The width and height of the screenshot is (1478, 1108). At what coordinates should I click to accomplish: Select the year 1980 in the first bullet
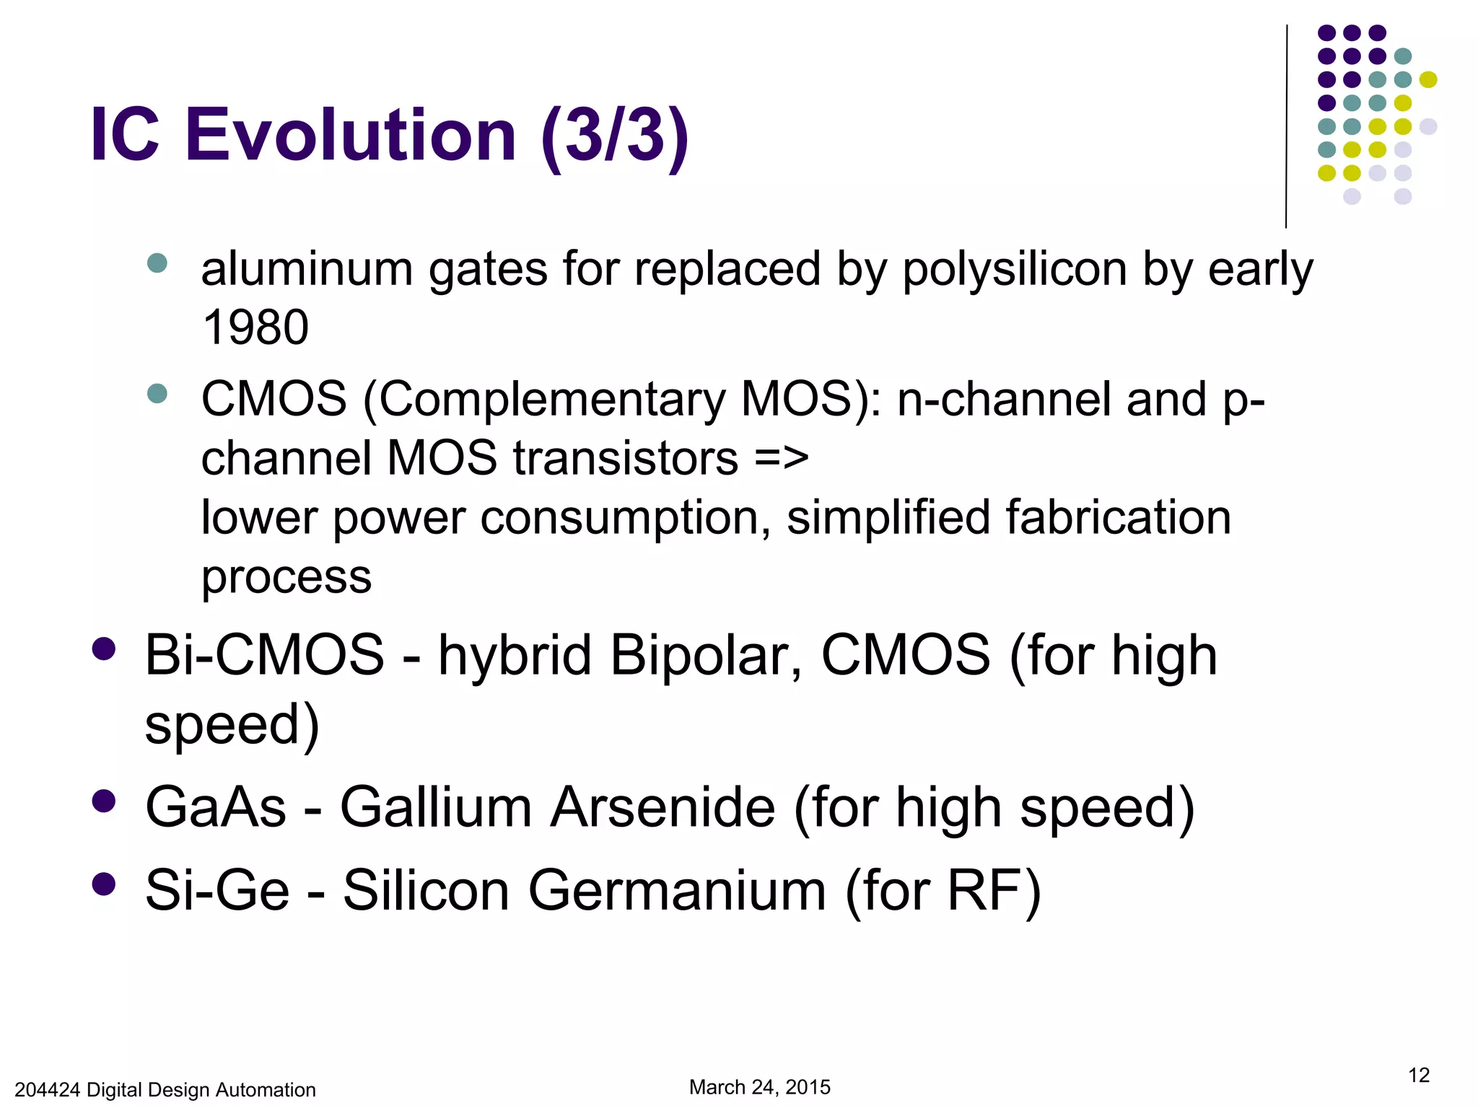[255, 327]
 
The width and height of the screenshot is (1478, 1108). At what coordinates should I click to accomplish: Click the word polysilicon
[1015, 270]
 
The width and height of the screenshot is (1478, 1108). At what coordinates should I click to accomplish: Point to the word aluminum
[306, 270]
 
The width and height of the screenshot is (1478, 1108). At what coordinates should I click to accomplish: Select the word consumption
[625, 518]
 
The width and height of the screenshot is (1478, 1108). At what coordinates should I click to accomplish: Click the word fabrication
[1117, 518]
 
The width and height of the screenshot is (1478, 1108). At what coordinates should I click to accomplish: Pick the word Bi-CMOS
[264, 655]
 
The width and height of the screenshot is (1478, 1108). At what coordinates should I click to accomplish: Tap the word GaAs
[216, 807]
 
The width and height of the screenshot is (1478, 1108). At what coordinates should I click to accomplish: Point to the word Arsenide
[663, 807]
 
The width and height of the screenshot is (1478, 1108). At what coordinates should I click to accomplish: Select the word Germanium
[677, 891]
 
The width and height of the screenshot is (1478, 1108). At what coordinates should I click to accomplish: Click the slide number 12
[1418, 1076]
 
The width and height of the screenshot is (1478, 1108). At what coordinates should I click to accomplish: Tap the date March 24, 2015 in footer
[759, 1087]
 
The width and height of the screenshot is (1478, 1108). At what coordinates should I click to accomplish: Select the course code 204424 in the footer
[47, 1090]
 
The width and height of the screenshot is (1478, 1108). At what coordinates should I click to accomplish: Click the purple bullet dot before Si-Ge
[104, 884]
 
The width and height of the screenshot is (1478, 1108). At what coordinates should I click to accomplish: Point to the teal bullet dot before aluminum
[157, 263]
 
